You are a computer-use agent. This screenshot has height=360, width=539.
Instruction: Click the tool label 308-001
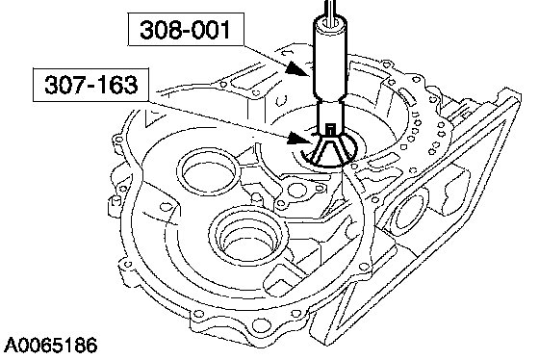pyautogui.click(x=185, y=30)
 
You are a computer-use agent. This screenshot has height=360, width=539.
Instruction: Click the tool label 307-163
pyautogui.click(x=91, y=85)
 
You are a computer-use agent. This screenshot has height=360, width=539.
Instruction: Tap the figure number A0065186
pyautogui.click(x=50, y=346)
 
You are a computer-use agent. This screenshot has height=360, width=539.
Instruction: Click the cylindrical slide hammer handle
pyautogui.click(x=330, y=59)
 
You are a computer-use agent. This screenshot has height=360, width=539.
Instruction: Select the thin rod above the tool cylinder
pyautogui.click(x=331, y=12)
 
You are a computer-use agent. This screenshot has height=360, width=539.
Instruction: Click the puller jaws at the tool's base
pyautogui.click(x=329, y=150)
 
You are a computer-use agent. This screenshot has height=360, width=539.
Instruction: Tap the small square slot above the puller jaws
pyautogui.click(x=330, y=130)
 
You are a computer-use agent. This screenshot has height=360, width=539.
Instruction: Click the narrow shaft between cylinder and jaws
pyautogui.click(x=330, y=116)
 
